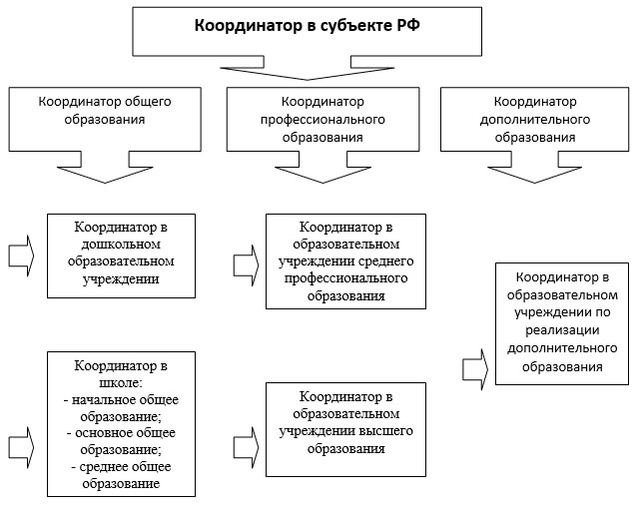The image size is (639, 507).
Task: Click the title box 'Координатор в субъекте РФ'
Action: pos(307,31)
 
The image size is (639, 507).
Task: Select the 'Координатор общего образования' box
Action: pos(105,120)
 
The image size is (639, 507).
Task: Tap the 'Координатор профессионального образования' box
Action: pos(322,120)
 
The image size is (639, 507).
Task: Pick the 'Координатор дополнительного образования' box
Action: pos(535,120)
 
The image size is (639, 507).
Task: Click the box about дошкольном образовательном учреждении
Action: pos(121,255)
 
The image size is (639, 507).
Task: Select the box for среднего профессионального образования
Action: pos(345,261)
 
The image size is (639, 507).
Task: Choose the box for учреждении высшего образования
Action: pos(345,429)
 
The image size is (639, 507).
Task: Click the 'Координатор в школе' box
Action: pos(121,424)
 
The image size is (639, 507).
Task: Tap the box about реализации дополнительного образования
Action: pos(562,323)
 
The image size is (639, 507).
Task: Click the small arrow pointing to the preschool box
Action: pos(21,255)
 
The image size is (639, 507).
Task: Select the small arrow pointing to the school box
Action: pos(21,447)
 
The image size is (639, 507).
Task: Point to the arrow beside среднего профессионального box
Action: pos(247,265)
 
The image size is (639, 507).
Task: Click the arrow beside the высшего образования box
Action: pos(247,447)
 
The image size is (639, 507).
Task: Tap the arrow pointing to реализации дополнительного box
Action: pos(475,369)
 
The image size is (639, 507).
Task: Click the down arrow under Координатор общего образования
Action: pos(105,168)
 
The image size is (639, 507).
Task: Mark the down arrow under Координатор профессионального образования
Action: pos(323,168)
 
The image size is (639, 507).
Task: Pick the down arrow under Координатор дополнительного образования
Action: pos(535,168)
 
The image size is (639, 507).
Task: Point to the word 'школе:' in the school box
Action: pos(121,383)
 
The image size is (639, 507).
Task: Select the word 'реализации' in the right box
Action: pos(562,330)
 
